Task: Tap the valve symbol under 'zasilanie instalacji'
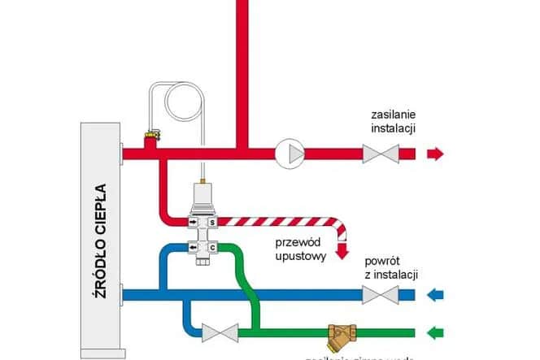pyautogui.click(x=380, y=152)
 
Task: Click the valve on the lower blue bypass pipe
pyautogui.click(x=219, y=332)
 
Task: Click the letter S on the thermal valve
pyautogui.click(x=212, y=221)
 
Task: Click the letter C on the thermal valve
pyautogui.click(x=212, y=247)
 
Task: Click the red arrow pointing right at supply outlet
pyautogui.click(x=437, y=152)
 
